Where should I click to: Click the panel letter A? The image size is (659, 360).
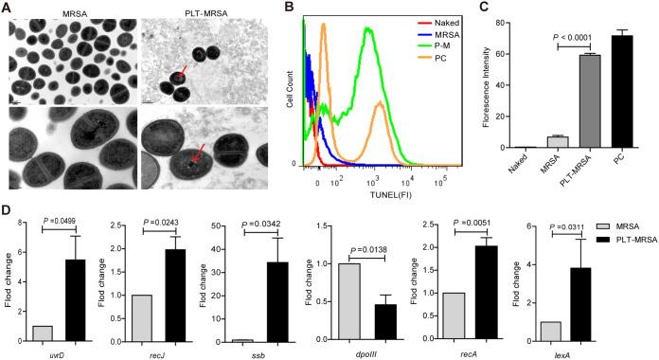[8, 8]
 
